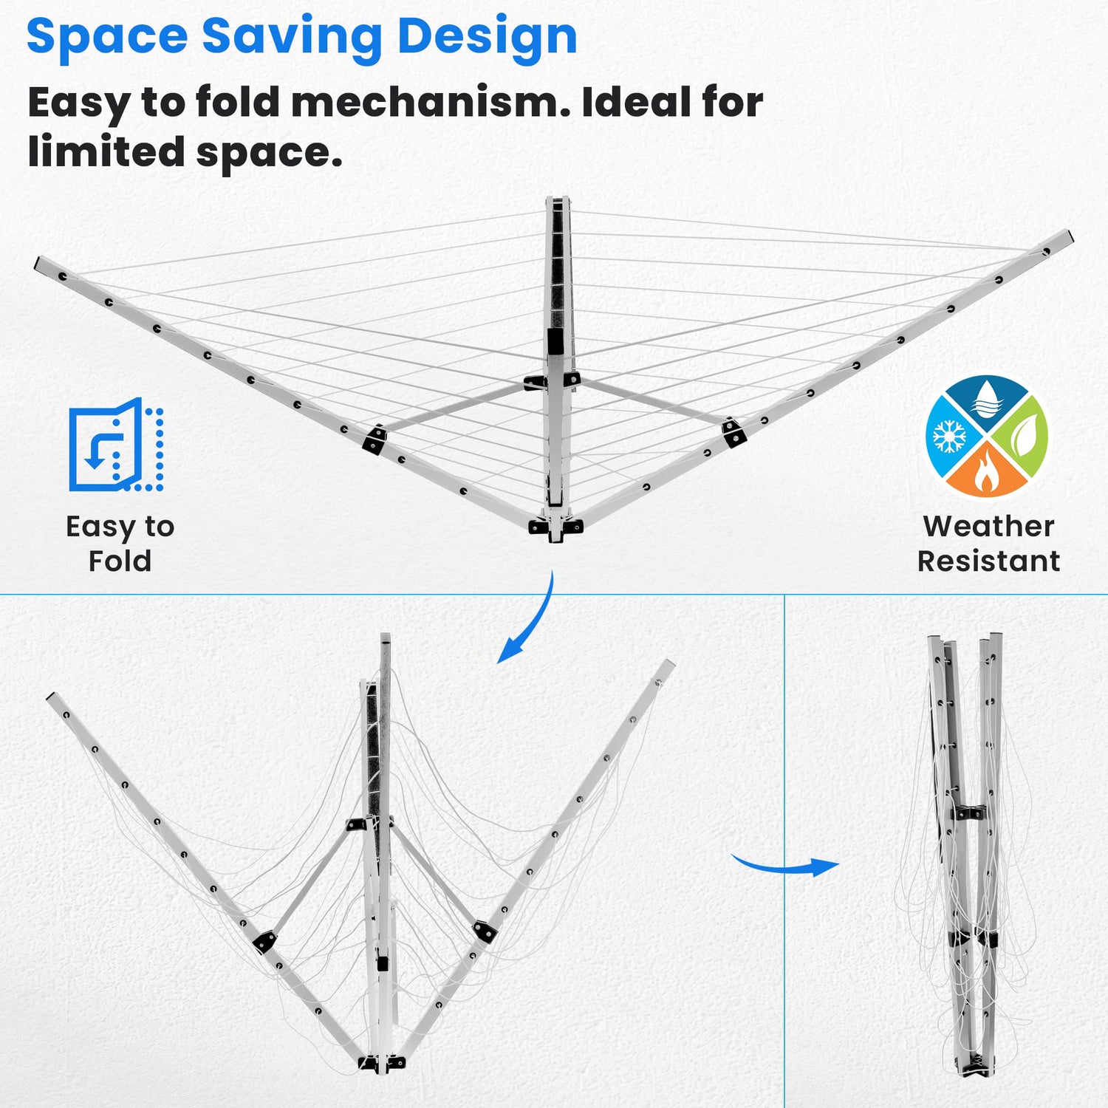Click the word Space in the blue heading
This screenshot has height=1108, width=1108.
pyautogui.click(x=106, y=36)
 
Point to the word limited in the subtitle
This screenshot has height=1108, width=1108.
pyautogui.click(x=106, y=151)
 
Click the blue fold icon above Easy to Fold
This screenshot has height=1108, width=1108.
pyautogui.click(x=116, y=445)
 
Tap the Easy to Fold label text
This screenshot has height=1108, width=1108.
pyautogui.click(x=120, y=543)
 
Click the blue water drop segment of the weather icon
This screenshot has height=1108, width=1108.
pyautogui.click(x=986, y=403)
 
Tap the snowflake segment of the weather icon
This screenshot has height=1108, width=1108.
pyautogui.click(x=951, y=437)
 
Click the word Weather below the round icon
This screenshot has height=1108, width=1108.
pyautogui.click(x=988, y=526)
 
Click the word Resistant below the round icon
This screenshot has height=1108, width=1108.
pyautogui.click(x=988, y=561)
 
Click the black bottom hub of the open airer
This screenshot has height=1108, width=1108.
pyautogui.click(x=555, y=526)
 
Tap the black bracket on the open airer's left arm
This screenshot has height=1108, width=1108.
pyautogui.click(x=375, y=440)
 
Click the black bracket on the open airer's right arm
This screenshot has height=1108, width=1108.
pyautogui.click(x=733, y=432)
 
